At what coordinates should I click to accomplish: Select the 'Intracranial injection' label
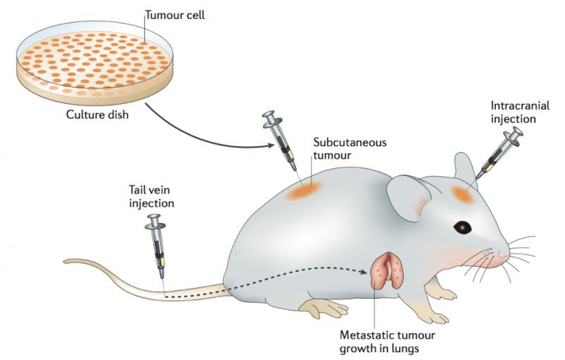pyautogui.click(x=513, y=112)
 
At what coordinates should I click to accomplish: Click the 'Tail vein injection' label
pyautogui.click(x=151, y=197)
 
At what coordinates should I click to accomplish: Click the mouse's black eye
pyautogui.click(x=463, y=227)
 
